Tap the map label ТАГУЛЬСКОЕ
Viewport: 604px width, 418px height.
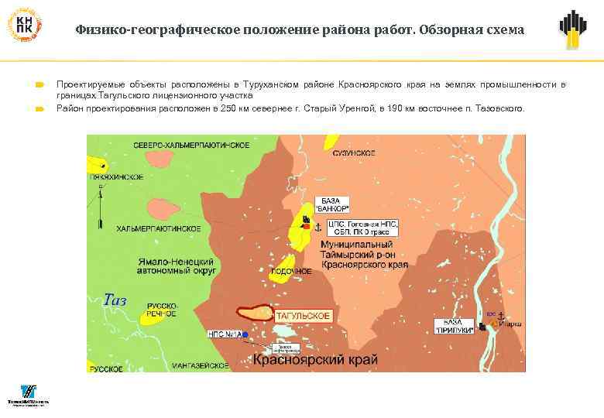[304, 316]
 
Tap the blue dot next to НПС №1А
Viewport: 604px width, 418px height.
[245, 334]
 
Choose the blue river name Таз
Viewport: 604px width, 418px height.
[114, 300]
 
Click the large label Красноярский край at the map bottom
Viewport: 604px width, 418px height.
[315, 361]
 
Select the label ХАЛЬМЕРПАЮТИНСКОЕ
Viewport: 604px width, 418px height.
[159, 229]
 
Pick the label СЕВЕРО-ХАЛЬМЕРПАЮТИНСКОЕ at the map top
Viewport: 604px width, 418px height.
[190, 146]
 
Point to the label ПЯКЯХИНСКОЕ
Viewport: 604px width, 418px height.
[117, 177]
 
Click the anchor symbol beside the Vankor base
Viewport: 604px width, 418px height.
[317, 225]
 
